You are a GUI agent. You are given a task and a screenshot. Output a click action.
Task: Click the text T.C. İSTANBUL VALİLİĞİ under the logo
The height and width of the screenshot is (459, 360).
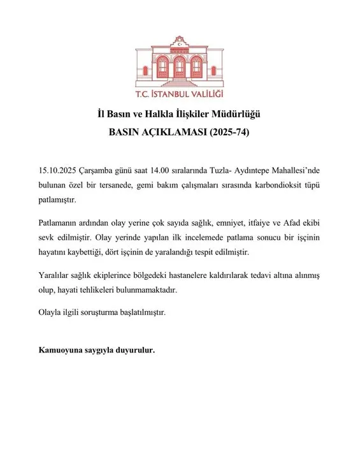coord(180,96)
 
